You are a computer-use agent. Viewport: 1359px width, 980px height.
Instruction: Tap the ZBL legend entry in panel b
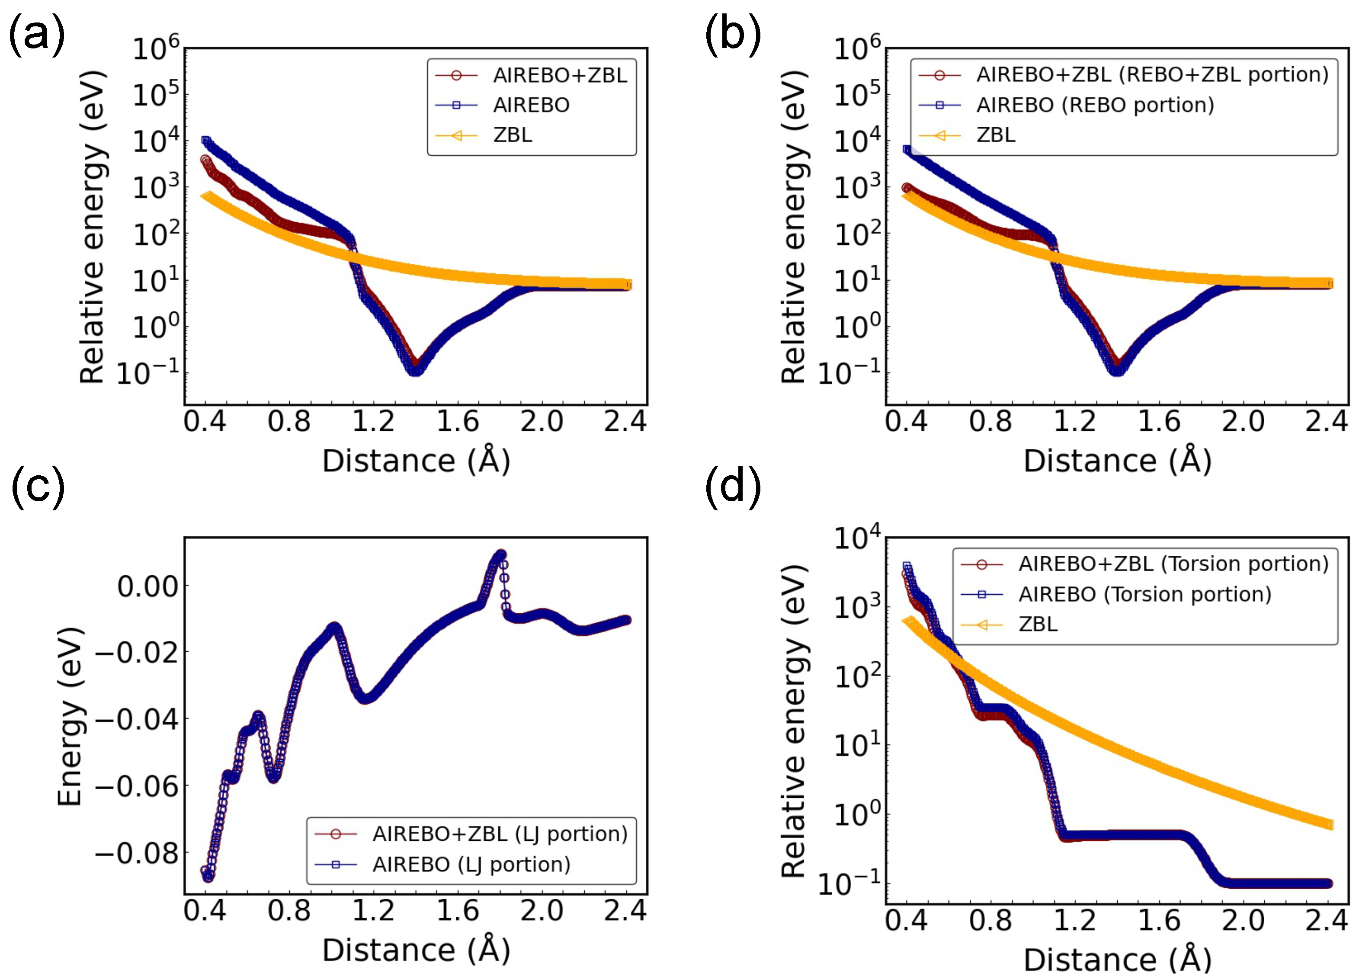point(995,135)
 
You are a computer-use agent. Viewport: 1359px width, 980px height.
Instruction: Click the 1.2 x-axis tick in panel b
point(1074,422)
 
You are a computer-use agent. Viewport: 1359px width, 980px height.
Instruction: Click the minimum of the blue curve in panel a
point(415,371)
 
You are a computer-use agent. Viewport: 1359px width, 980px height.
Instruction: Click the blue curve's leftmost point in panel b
point(907,149)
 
